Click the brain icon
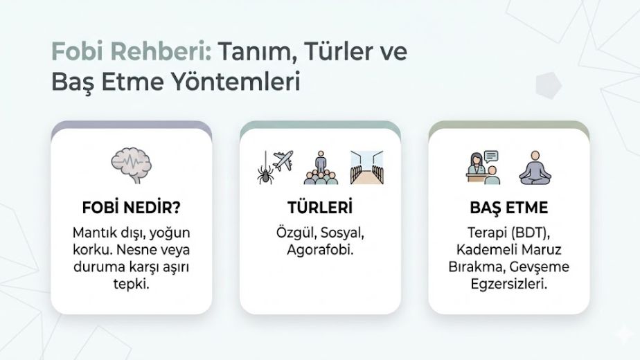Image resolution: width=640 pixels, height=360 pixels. click(131, 165)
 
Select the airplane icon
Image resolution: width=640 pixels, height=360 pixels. click(283, 161)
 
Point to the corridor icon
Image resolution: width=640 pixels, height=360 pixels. click(367, 168)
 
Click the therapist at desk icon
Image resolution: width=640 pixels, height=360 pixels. click(483, 168)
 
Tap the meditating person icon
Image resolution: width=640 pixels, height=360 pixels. click(535, 168)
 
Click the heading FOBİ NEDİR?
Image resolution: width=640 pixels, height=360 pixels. click(131, 208)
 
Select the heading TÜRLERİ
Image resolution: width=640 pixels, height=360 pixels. click(320, 208)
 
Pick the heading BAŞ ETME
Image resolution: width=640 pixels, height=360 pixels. click(508, 208)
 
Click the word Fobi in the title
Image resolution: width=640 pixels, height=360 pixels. click(78, 52)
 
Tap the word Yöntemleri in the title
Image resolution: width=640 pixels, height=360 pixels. click(235, 81)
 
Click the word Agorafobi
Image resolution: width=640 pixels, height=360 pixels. click(320, 249)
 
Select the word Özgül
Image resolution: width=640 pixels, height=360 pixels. click(296, 233)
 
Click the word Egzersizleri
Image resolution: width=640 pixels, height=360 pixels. click(508, 284)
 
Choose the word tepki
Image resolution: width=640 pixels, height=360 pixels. click(131, 284)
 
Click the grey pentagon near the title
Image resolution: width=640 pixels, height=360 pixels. click(549, 85)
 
